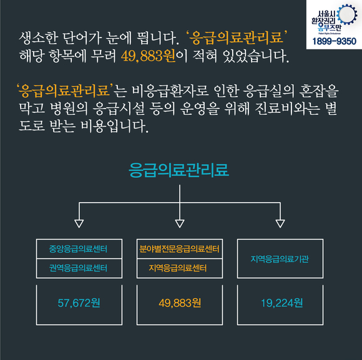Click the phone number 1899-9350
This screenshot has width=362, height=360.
pyautogui.click(x=334, y=41)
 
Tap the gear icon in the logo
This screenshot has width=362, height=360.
pyautogui.click(x=347, y=14)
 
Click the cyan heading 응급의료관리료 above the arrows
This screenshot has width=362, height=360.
pyautogui.click(x=179, y=170)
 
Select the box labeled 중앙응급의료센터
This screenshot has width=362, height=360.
pyautogui.click(x=79, y=249)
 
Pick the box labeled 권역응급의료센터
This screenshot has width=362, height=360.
pyautogui.click(x=79, y=268)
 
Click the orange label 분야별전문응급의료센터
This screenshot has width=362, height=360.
pyautogui.click(x=179, y=249)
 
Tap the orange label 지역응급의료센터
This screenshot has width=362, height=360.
pyautogui.click(x=177, y=268)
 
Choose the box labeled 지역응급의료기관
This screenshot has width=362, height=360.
pyautogui.click(x=280, y=258)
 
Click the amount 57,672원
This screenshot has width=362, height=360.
pyautogui.click(x=79, y=303)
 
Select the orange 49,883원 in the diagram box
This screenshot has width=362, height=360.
pyautogui.click(x=180, y=303)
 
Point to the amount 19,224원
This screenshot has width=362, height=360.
pyautogui.click(x=281, y=303)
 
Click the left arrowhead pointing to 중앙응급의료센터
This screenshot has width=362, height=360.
pyautogui.click(x=79, y=224)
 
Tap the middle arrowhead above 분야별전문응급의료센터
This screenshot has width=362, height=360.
pyautogui.click(x=180, y=224)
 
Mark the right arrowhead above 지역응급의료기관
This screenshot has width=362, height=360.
pyautogui.click(x=280, y=224)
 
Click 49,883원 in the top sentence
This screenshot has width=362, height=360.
pyautogui.click(x=149, y=56)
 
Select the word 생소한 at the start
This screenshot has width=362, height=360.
pyautogui.click(x=38, y=38)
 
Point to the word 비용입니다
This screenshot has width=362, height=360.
pyautogui.click(x=114, y=126)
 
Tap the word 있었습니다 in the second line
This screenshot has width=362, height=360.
pyautogui.click(x=255, y=56)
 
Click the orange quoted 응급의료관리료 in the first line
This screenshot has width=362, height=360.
pyautogui.click(x=237, y=38)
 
